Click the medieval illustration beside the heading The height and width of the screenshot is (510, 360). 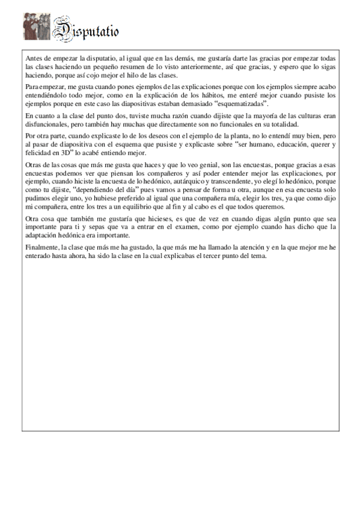pos(36,27)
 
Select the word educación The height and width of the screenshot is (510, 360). pos(277,144)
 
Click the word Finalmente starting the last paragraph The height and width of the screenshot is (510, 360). pos(44,248)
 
